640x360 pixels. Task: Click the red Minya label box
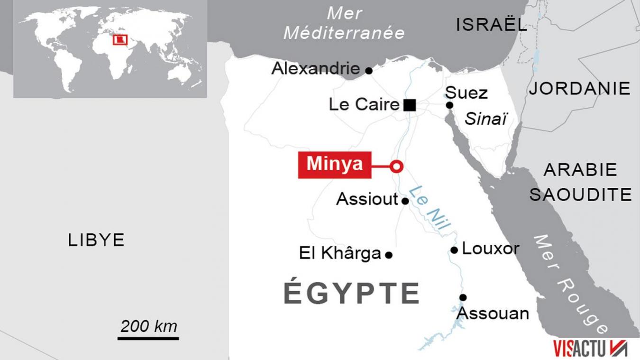334,165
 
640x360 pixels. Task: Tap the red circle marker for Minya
397,166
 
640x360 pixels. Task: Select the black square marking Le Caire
410,105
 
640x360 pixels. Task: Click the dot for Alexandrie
369,71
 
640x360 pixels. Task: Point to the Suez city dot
449,105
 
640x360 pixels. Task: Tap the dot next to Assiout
405,201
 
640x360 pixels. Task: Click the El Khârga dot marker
389,255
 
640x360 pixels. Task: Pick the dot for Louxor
454,250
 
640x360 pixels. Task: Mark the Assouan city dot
463,297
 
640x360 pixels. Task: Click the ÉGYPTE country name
351,293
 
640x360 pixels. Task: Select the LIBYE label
96,240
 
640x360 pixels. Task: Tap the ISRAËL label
492,25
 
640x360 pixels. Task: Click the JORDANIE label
580,88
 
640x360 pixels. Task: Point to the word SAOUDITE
580,194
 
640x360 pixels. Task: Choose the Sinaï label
486,119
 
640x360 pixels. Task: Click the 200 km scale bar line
148,338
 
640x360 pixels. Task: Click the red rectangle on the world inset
120,40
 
